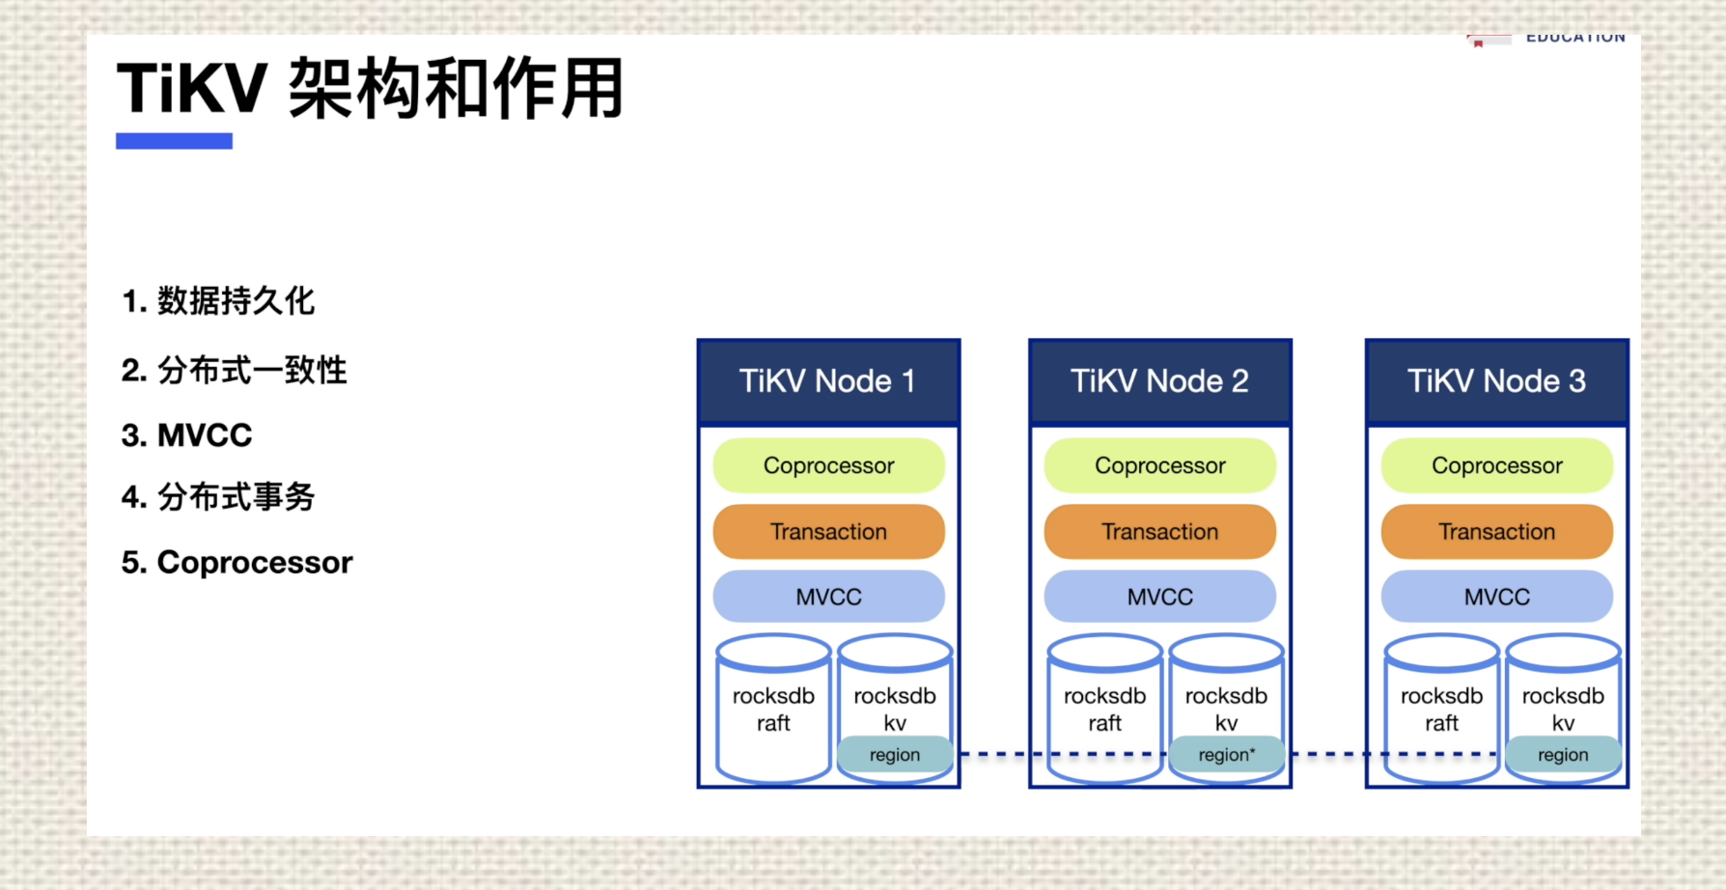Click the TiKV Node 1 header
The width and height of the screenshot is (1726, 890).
pos(828,381)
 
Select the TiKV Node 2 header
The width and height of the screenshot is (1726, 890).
pos(1159,381)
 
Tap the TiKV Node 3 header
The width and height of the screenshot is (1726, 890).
pos(1496,381)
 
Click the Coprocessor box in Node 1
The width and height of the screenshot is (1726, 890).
pos(828,465)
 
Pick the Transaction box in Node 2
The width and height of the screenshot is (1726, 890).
pos(1159,531)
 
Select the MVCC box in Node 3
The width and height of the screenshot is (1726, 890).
pos(1496,597)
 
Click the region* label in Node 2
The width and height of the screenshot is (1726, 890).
pos(1226,755)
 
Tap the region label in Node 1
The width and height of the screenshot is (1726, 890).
pos(894,755)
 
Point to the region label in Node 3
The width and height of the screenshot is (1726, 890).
pos(1562,755)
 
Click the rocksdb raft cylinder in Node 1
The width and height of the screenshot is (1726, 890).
pos(773,709)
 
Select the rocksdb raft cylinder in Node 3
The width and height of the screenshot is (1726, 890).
pos(1441,709)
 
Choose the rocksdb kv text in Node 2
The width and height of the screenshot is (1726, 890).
pos(1226,709)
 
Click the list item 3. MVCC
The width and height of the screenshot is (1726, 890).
pos(186,435)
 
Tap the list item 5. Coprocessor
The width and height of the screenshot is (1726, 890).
pos(237,562)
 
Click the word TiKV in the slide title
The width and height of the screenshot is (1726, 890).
pos(191,89)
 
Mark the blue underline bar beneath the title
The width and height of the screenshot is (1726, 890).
pos(174,141)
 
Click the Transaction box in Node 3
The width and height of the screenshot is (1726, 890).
pos(1496,531)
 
